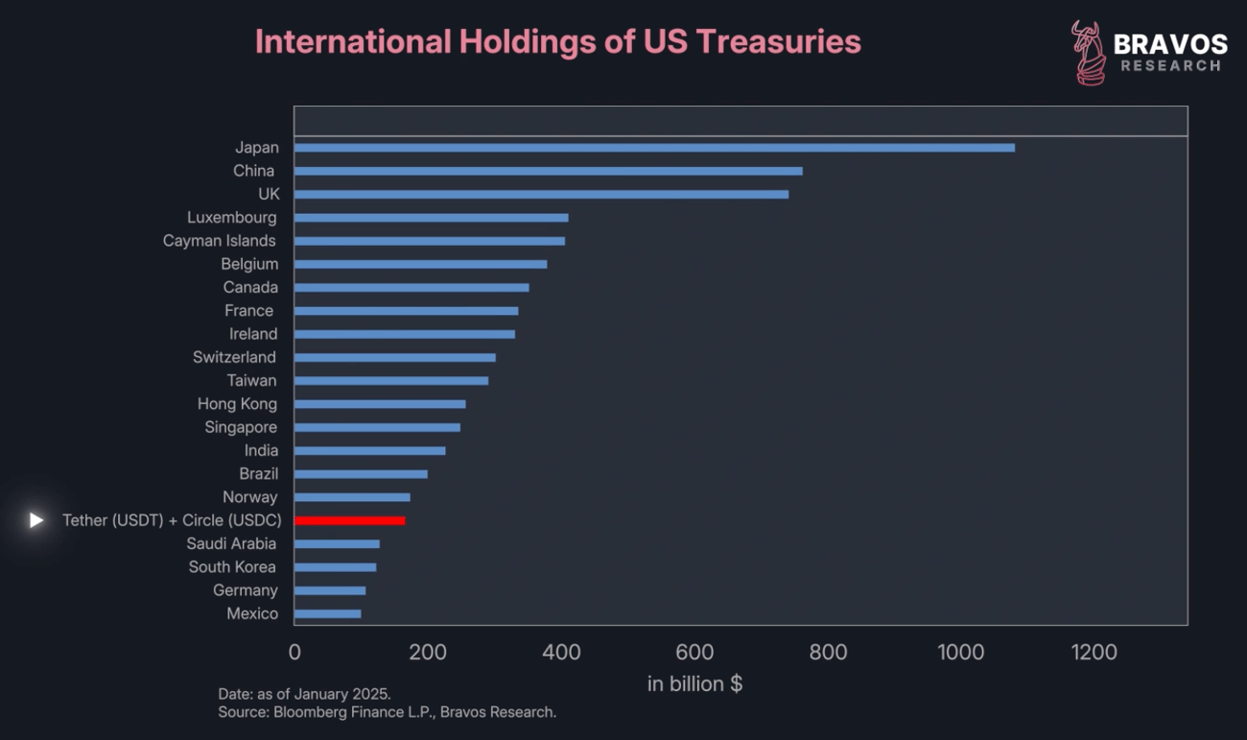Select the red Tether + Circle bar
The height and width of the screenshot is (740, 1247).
pyautogui.click(x=349, y=520)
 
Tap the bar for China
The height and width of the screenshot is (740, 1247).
pyautogui.click(x=548, y=171)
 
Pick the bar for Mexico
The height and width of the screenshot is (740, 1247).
pyautogui.click(x=327, y=613)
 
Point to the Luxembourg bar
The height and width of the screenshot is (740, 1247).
pyautogui.click(x=431, y=218)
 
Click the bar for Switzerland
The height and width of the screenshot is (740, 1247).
pyautogui.click(x=394, y=357)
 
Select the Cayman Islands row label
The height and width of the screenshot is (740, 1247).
pyautogui.click(x=219, y=241)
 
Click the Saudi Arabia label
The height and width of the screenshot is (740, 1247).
pyautogui.click(x=231, y=543)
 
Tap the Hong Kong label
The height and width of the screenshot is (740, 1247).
pyautogui.click(x=237, y=404)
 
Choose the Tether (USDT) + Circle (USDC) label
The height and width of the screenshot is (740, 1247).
pyautogui.click(x=172, y=520)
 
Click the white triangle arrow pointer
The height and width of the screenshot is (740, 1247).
pyautogui.click(x=36, y=520)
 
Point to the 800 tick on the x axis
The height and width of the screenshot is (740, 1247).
pyautogui.click(x=828, y=653)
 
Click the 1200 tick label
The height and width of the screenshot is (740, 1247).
pyautogui.click(x=1094, y=653)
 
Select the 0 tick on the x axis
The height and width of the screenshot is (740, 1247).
pyautogui.click(x=294, y=653)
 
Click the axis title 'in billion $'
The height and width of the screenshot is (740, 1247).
pyautogui.click(x=694, y=683)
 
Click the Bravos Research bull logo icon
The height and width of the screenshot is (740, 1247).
pyautogui.click(x=1089, y=53)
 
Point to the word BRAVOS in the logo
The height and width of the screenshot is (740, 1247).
pyautogui.click(x=1170, y=44)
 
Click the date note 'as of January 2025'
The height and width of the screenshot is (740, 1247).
pyautogui.click(x=304, y=693)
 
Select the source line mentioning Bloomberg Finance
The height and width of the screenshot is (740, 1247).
pyautogui.click(x=387, y=712)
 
